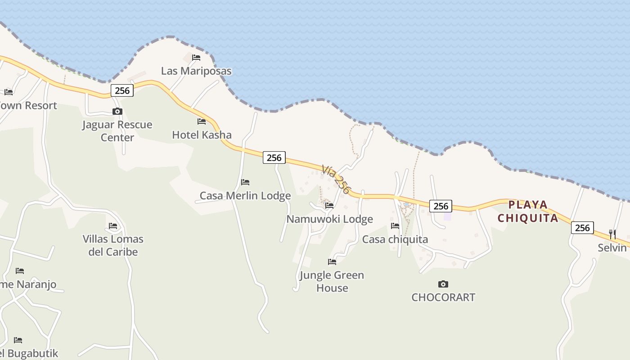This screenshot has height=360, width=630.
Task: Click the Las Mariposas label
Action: tap(196, 71)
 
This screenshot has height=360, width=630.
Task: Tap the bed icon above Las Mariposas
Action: tap(196, 58)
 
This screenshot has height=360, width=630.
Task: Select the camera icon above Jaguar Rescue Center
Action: tap(117, 111)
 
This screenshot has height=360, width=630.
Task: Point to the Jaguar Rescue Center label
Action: tap(117, 131)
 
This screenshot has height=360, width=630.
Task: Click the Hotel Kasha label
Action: tap(202, 135)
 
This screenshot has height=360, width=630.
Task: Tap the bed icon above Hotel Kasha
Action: tap(202, 121)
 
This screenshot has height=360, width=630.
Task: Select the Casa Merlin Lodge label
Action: tap(245, 196)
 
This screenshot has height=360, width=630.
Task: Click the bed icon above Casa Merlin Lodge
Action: tap(245, 182)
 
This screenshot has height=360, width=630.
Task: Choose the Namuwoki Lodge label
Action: tap(330, 219)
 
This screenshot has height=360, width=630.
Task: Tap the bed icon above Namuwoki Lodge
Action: tap(329, 206)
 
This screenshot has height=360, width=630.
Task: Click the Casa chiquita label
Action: tap(395, 239)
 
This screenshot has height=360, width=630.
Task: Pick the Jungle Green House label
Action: tap(332, 281)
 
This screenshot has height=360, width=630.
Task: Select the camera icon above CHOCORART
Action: tap(443, 284)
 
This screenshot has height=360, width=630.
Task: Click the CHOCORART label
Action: tap(443, 297)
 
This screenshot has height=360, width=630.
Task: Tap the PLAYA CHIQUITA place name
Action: tap(528, 211)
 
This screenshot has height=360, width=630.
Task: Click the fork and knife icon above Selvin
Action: tap(612, 234)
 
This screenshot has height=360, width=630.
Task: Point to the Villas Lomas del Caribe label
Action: tap(113, 245)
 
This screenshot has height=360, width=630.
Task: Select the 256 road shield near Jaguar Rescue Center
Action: tap(122, 90)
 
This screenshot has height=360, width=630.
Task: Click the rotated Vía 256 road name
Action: tap(336, 179)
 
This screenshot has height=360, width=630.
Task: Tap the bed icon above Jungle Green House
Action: tap(332, 261)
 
